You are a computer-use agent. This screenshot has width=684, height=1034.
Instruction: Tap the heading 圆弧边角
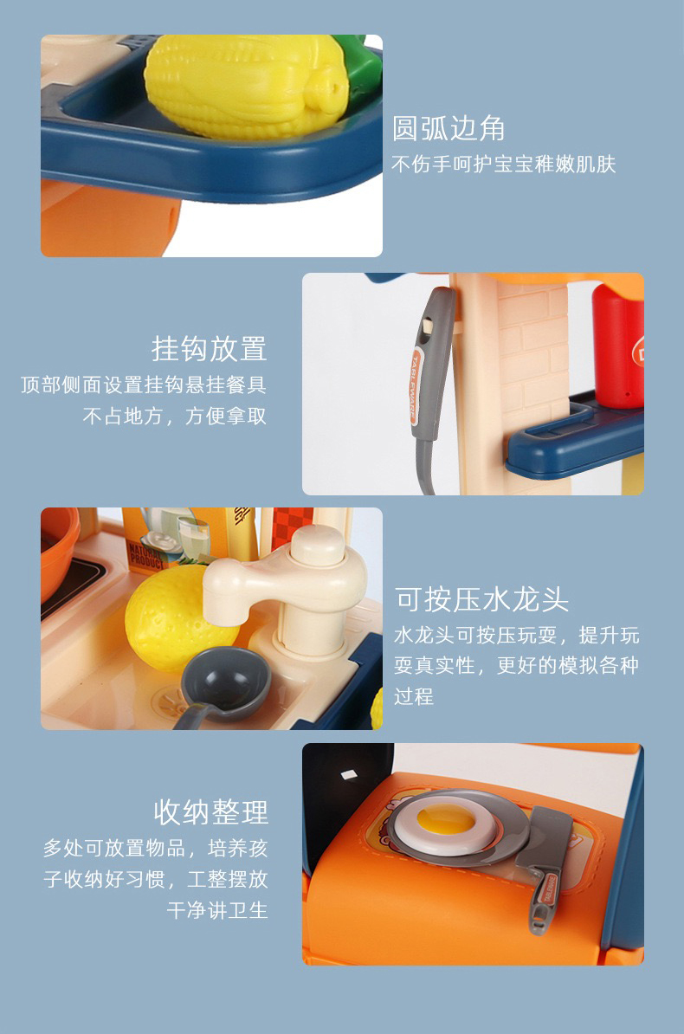tap(448, 128)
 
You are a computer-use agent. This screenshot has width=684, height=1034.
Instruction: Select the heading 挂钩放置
tap(209, 349)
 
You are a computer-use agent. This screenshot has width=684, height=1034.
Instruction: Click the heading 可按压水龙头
tap(481, 599)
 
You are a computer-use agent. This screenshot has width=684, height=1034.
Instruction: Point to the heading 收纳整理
tap(211, 811)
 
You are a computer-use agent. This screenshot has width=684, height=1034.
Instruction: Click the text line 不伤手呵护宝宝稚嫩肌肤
tap(503, 165)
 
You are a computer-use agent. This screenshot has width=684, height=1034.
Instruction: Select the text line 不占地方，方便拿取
tap(175, 416)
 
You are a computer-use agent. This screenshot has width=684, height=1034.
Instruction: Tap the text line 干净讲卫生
tap(217, 910)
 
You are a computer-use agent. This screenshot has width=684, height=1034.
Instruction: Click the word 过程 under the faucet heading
tap(414, 695)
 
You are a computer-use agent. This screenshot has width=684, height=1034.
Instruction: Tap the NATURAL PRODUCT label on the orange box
tap(146, 557)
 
